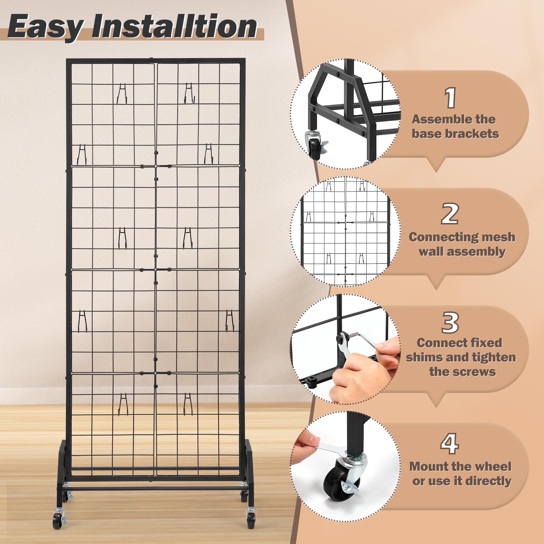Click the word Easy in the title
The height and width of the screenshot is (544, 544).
46,27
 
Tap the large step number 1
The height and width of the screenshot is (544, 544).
451,98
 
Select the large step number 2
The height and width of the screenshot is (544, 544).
450,214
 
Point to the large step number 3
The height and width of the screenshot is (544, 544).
450,322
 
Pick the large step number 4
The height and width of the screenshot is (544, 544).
449,443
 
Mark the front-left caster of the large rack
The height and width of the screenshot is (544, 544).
58,520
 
